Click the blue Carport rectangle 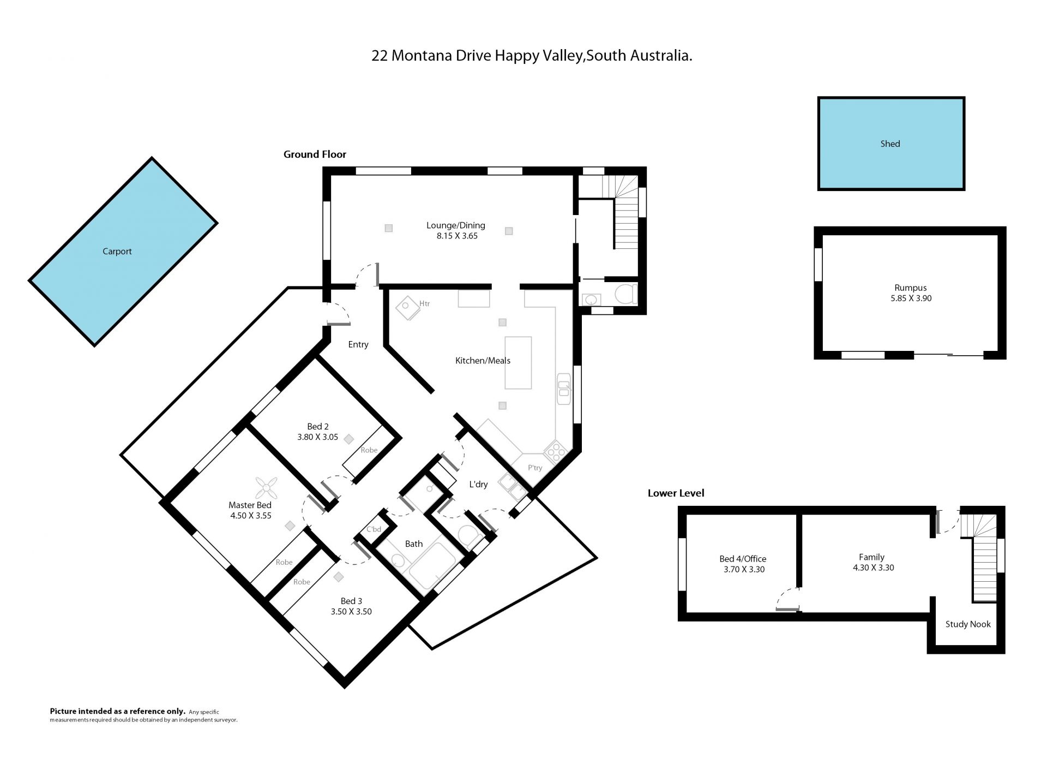(x=123, y=252)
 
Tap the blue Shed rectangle (x=891, y=144)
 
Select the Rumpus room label (x=910, y=288)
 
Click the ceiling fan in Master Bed (x=267, y=488)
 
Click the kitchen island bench (x=518, y=363)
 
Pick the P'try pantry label (x=535, y=468)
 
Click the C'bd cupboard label (x=374, y=529)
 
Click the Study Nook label (x=968, y=624)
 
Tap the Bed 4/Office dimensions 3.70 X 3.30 (x=744, y=569)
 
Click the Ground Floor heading (x=315, y=154)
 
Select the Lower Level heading (x=676, y=493)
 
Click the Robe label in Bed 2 (x=369, y=450)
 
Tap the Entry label (x=358, y=344)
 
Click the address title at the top (x=532, y=56)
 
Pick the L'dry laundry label (x=478, y=484)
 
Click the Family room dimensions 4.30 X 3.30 (x=874, y=568)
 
